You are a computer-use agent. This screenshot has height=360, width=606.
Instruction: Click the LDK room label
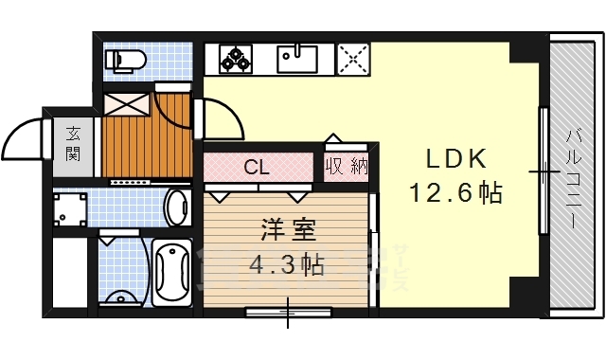click(x=453, y=159)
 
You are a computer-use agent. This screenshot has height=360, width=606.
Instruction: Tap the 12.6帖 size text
click(x=454, y=193)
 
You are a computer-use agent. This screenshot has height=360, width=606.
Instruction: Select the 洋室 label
click(x=283, y=231)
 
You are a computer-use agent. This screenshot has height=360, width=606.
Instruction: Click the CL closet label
click(x=257, y=169)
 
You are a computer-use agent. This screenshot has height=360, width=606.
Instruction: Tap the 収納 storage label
click(x=347, y=168)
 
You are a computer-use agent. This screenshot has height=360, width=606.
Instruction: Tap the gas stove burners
click(x=236, y=59)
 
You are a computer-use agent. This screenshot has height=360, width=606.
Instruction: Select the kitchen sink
click(x=299, y=59)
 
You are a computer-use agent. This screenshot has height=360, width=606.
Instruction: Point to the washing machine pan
click(x=69, y=209)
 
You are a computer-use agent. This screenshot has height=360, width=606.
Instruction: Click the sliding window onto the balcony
click(x=543, y=171)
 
